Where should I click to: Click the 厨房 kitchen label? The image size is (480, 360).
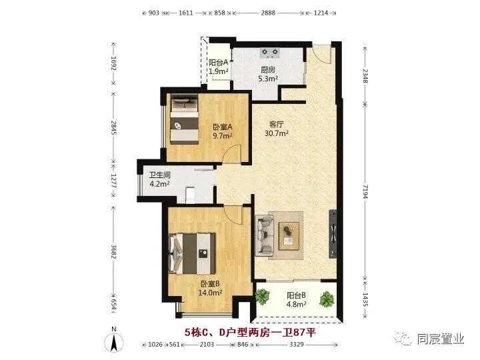[x=268, y=69]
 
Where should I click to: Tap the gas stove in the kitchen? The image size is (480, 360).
[x=270, y=53]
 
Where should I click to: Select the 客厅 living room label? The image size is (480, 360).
[x=277, y=124]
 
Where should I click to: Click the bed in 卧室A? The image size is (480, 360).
[x=184, y=119]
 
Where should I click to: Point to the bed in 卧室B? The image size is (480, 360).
[x=191, y=254]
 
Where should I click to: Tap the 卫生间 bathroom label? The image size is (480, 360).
[x=159, y=175]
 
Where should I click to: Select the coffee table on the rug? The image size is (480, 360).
[x=289, y=236]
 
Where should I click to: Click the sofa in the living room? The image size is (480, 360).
[x=264, y=235]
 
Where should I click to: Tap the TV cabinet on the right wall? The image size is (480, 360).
[x=333, y=233]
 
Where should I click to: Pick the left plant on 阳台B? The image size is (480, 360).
[x=262, y=296]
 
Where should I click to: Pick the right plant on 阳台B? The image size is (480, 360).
[x=327, y=299]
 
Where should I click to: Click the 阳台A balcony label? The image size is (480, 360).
[x=219, y=63]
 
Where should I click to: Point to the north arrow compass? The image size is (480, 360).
[x=113, y=341]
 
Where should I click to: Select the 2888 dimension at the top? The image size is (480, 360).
[x=268, y=13]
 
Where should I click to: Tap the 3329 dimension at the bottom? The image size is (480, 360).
[x=296, y=345]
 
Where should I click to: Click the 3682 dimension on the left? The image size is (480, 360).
[x=113, y=251]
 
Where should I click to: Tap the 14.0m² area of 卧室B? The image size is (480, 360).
[x=210, y=293]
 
